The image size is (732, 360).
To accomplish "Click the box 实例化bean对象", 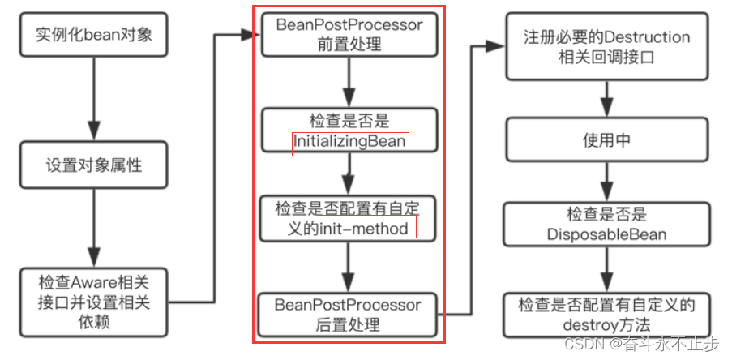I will [95, 36].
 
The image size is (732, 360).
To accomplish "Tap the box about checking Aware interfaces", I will [95, 302].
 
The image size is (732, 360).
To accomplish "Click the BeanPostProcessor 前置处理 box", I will [349, 35].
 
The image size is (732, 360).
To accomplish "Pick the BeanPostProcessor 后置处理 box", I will [349, 315].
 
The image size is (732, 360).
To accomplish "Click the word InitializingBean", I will [350, 144].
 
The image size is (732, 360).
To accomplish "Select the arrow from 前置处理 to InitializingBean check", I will [349, 81].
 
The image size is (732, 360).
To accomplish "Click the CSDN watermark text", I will [640, 344].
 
